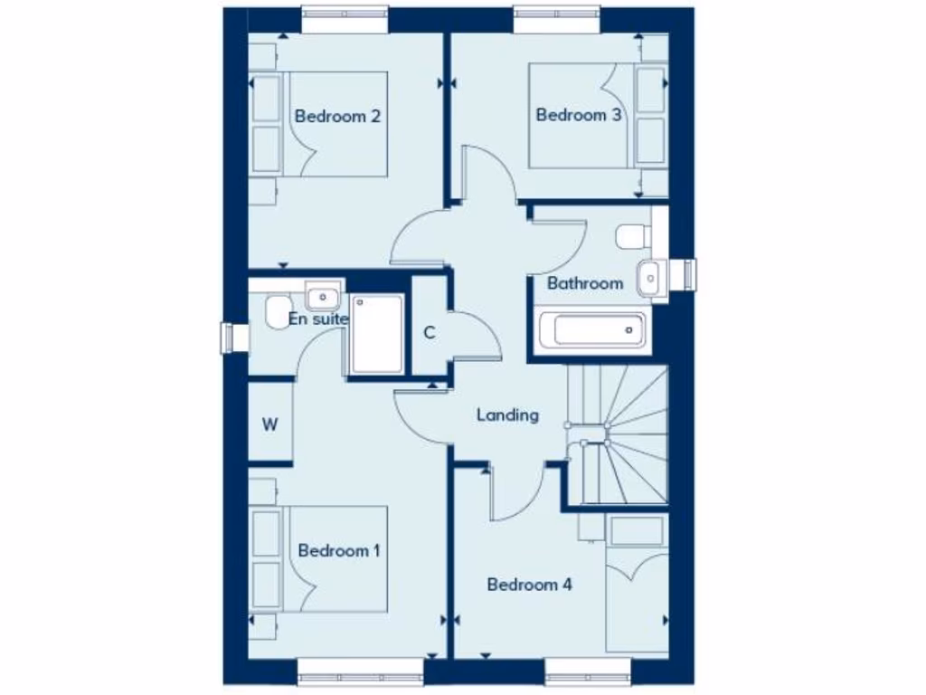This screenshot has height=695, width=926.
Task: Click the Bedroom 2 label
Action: (337, 116)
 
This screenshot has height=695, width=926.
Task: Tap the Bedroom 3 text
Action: (578, 115)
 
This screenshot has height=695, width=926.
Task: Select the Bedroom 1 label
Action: (339, 550)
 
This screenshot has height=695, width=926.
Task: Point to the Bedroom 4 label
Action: (529, 585)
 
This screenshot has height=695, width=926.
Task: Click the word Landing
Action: (507, 415)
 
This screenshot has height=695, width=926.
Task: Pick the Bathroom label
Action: (585, 283)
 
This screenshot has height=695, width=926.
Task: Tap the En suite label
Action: (318, 319)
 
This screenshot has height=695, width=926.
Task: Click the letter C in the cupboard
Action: (430, 332)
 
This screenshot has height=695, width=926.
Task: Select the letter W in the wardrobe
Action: (269, 425)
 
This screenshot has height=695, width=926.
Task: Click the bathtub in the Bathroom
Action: (591, 329)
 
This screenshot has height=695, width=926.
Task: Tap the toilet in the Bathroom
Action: (633, 237)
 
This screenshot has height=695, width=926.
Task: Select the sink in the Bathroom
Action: (648, 278)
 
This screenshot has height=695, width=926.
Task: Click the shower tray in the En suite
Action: (377, 333)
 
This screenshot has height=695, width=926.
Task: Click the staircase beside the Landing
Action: (619, 434)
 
